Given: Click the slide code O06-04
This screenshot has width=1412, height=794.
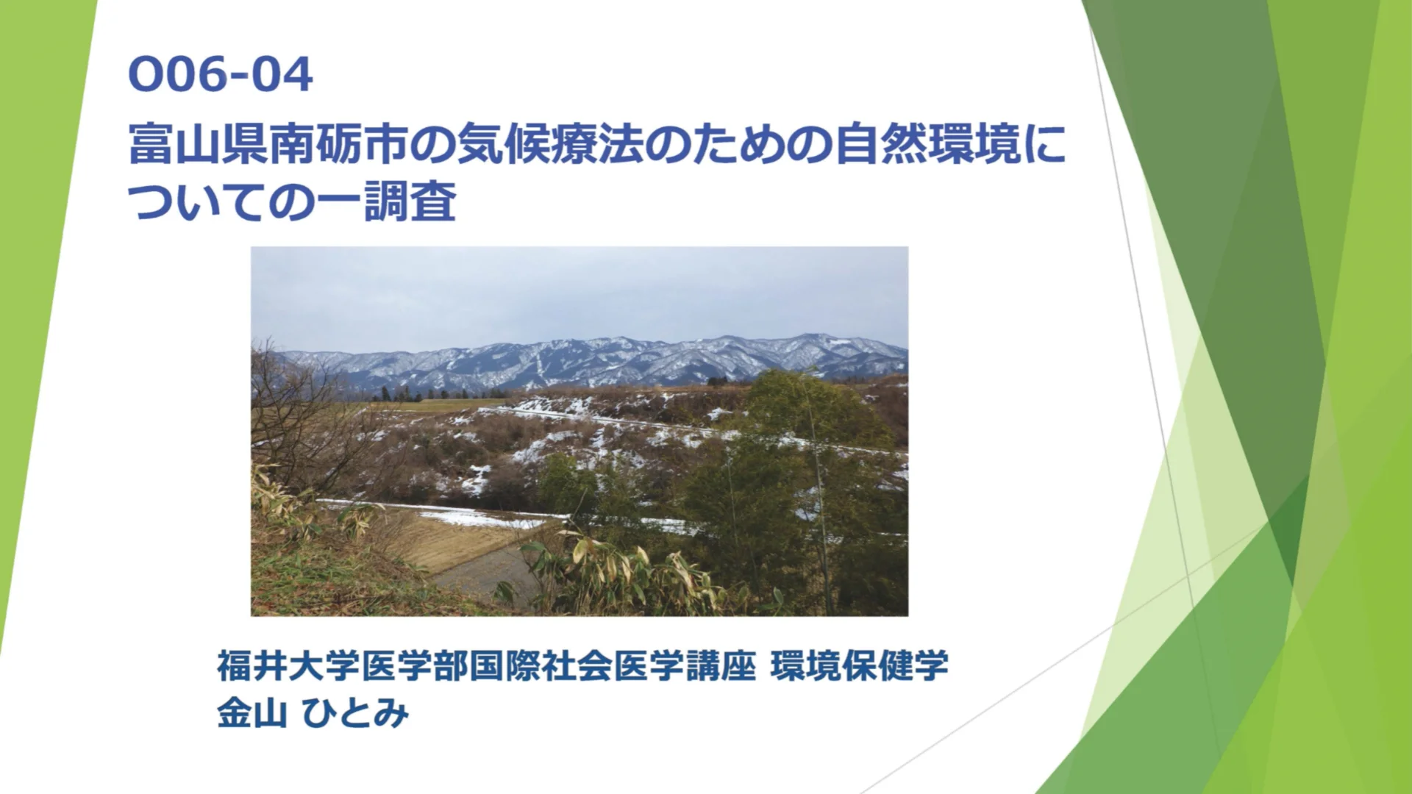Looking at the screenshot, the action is [x=221, y=75].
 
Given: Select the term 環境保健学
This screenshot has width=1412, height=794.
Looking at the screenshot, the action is [x=859, y=665].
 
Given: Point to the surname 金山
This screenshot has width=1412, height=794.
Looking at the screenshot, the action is [x=252, y=712].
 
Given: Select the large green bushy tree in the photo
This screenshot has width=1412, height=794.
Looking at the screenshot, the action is [x=809, y=471].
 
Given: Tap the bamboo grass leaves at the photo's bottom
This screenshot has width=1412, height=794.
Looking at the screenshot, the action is [x=625, y=573].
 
